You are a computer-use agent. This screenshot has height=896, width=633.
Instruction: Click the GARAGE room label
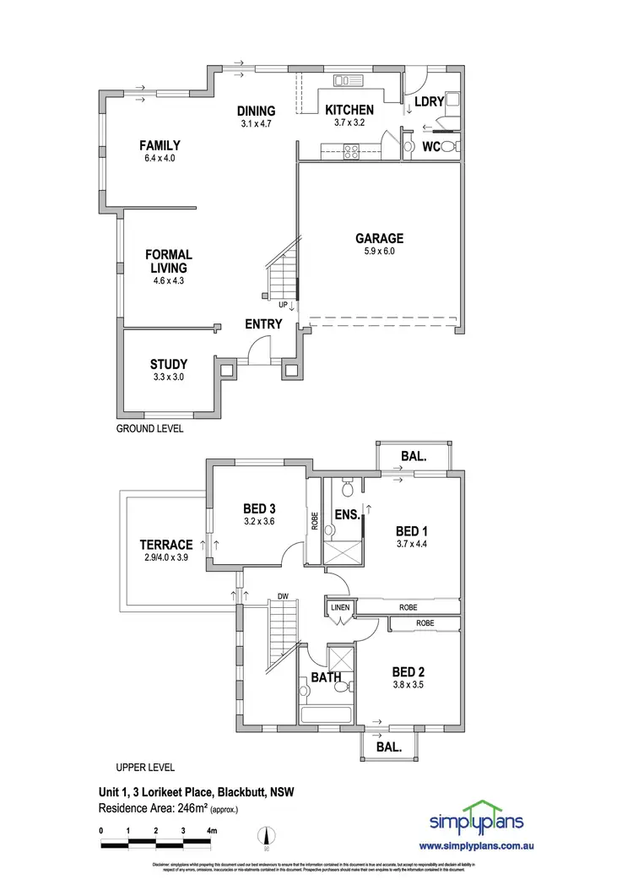[x=379, y=238]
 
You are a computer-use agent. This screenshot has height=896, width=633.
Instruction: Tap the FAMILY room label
[x=160, y=145]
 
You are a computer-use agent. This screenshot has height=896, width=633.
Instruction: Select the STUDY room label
[x=168, y=364]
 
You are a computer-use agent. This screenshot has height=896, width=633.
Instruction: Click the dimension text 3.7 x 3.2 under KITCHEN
[x=349, y=122]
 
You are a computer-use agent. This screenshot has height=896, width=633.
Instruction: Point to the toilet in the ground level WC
[x=447, y=146]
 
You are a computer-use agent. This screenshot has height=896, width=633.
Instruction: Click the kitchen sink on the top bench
[x=347, y=81]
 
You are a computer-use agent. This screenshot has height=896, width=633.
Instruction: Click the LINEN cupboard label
[x=339, y=607]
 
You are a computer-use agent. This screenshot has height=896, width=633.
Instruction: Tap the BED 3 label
[x=260, y=508]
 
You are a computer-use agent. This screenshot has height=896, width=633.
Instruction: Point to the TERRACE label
[x=167, y=545]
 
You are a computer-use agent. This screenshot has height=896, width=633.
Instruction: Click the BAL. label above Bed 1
[x=413, y=456]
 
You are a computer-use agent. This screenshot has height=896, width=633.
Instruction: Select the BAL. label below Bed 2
[x=389, y=747]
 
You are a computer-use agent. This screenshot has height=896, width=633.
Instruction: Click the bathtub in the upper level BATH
[x=326, y=714]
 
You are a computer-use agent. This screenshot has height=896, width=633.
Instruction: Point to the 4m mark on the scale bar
[x=211, y=831]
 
